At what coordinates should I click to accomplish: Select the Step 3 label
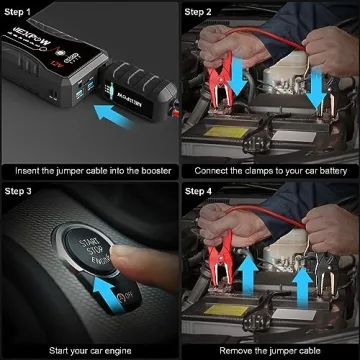click(x=24, y=190)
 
